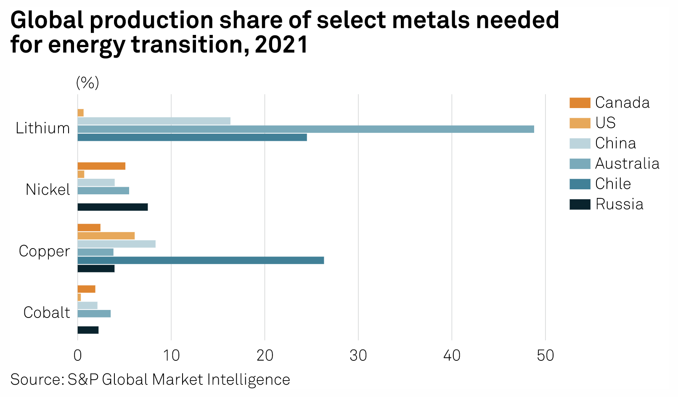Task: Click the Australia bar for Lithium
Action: click(x=306, y=129)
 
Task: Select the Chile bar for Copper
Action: click(x=201, y=260)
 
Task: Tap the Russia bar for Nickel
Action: click(x=113, y=207)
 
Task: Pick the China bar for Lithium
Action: click(x=154, y=121)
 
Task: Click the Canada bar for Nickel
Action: click(x=101, y=166)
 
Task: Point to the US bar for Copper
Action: click(x=106, y=236)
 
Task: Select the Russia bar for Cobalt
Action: click(x=88, y=330)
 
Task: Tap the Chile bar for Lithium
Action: click(x=192, y=138)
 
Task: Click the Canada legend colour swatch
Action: click(x=580, y=103)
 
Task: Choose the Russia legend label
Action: click(x=619, y=204)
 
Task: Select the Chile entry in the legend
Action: click(x=613, y=184)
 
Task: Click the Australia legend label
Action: click(x=627, y=164)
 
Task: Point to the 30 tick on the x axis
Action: click(x=358, y=356)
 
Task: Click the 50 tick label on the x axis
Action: click(x=546, y=356)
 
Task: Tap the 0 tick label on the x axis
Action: click(x=78, y=356)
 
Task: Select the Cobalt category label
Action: click(x=47, y=313)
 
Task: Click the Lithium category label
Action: click(x=43, y=128)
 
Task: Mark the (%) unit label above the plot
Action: click(x=87, y=83)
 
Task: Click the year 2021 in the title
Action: click(x=281, y=45)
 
